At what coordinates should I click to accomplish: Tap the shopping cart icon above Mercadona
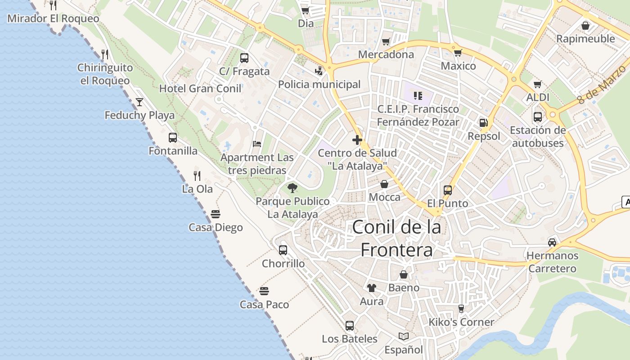point(386,42)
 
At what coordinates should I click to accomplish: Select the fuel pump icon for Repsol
point(483,122)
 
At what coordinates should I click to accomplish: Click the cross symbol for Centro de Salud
point(357,140)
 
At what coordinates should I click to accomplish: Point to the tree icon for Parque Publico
point(292,188)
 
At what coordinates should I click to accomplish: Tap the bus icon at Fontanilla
point(173,138)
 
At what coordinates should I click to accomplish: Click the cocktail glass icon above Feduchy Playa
point(139,102)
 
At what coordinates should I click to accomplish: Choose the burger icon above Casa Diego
point(216,214)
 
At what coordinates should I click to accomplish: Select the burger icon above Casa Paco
point(264,291)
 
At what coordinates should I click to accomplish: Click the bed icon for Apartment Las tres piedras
point(257,144)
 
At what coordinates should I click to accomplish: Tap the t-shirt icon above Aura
point(372,288)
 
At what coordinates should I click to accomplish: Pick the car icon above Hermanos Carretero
point(552,243)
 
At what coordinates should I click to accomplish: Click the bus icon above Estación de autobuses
point(537,117)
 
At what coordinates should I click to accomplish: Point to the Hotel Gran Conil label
point(200,88)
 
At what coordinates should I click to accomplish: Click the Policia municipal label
point(319,84)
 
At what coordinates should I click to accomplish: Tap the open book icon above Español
point(404,336)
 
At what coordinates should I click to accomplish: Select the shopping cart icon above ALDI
point(537,84)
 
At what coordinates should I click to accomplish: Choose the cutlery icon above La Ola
point(197,175)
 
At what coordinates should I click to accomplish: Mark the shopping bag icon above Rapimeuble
point(585,26)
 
